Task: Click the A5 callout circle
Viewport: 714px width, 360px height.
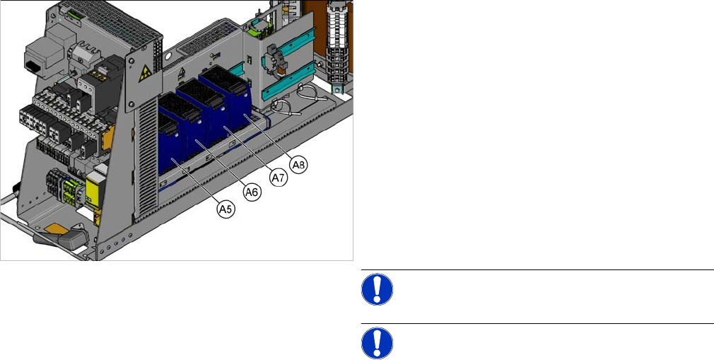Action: pos(226,209)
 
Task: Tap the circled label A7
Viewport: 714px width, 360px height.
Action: pos(279,178)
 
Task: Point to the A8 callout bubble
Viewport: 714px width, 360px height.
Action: pos(299,165)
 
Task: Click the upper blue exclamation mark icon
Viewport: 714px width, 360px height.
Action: pos(377,289)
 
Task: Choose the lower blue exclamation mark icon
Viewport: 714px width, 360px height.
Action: pos(377,343)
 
